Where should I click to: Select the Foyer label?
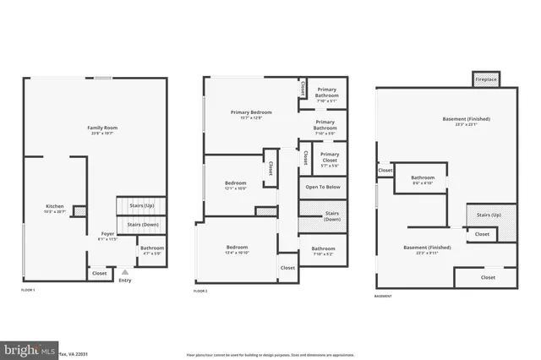pyautogui.click(x=107, y=237)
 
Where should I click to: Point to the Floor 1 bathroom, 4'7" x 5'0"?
pyautogui.click(x=152, y=250)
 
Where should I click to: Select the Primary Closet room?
pyautogui.click(x=329, y=157)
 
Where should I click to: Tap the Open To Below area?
pyautogui.click(x=323, y=187)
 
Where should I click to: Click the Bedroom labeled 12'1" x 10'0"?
pyautogui.click(x=235, y=186)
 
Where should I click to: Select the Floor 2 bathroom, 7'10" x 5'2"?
pyautogui.click(x=323, y=251)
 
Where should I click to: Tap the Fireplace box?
pyautogui.click(x=485, y=79)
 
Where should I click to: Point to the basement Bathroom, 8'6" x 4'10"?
pyautogui.click(x=423, y=181)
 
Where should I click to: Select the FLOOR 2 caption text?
pyautogui.click(x=200, y=290)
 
